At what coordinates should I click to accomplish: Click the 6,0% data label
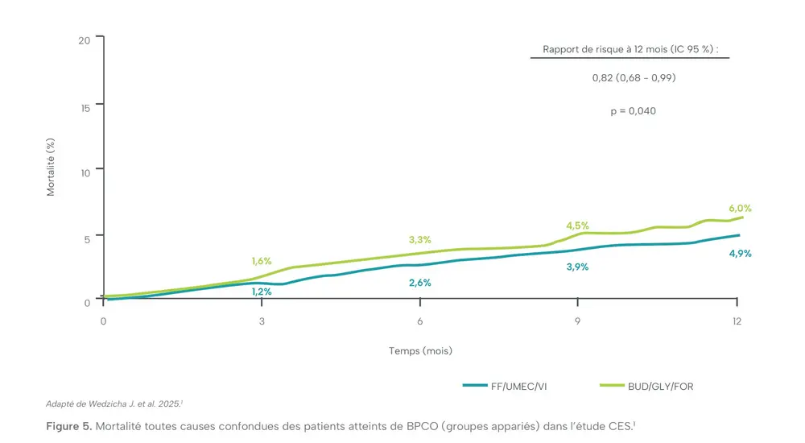pos(740,208)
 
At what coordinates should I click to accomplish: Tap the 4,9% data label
pos(740,253)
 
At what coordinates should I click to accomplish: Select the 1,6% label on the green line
pos(262,261)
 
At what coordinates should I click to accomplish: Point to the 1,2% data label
pos(262,292)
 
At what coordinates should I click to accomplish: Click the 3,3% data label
pos(419,239)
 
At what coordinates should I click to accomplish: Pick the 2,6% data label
pos(419,283)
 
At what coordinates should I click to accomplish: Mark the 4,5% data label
pos(577,226)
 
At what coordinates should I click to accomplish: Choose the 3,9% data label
pos(577,267)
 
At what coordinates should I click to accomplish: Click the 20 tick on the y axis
pos(85,39)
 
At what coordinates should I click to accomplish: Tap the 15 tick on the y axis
pos(85,105)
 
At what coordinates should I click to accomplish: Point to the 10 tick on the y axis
pos(85,170)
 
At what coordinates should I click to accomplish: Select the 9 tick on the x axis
pos(577,321)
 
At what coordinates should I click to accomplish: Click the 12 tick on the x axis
pos(736,321)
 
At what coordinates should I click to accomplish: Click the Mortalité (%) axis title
pos(51,168)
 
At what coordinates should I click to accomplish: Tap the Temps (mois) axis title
pos(420,351)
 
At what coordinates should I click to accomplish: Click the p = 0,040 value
pos(633,111)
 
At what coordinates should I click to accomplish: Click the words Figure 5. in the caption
pos(69,425)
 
